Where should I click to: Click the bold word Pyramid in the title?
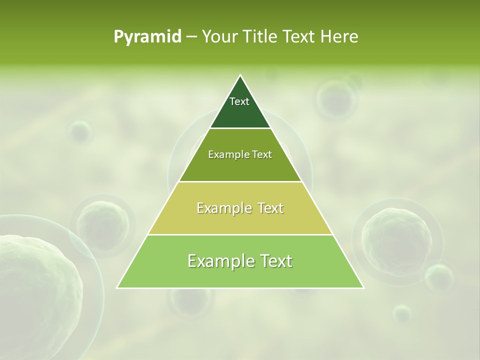[147, 37]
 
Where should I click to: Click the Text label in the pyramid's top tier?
[239, 101]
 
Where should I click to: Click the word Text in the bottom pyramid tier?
[274, 261]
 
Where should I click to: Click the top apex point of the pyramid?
[240, 75]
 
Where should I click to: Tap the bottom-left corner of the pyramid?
[117, 287]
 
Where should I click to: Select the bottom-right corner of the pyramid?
[363, 287]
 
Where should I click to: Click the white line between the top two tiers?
[240, 128]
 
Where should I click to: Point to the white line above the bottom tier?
[240, 234]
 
